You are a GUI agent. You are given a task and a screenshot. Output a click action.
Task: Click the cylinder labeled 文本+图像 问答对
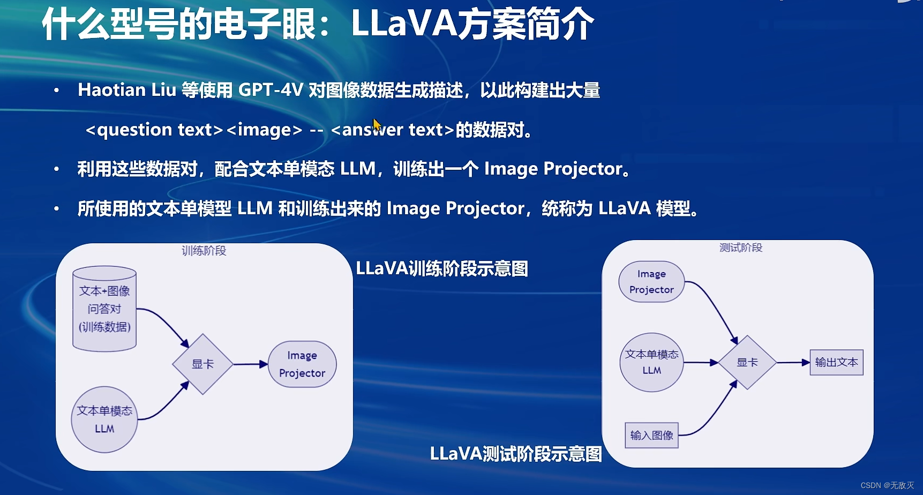104,309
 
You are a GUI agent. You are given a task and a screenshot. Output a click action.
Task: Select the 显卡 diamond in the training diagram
202,364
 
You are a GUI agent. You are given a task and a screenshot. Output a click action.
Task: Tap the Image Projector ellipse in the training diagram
302,364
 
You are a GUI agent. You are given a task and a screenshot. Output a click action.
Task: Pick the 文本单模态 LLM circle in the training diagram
104,419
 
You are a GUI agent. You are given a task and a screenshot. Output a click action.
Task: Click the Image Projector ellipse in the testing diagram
651,282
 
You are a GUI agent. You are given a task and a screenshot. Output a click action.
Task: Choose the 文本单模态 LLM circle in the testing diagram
651,362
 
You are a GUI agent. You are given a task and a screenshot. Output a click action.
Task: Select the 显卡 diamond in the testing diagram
747,363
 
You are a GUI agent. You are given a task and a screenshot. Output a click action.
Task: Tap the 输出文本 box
836,363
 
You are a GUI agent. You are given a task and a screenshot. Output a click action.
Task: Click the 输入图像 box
651,435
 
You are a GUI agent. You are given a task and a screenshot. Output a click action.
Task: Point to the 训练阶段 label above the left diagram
204,251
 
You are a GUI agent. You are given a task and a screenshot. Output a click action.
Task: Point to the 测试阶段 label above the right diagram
741,247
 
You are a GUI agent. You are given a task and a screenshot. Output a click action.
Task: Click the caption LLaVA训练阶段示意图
442,268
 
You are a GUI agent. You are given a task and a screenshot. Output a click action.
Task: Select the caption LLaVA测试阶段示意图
516,454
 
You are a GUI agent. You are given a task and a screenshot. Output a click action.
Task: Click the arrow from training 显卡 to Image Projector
250,364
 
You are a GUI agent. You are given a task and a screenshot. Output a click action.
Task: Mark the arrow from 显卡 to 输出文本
793,363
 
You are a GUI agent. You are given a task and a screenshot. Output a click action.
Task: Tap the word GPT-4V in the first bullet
271,90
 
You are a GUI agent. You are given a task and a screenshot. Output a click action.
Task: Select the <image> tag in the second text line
264,130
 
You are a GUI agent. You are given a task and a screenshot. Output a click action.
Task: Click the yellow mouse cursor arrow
377,125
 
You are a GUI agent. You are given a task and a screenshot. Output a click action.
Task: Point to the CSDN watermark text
887,485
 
